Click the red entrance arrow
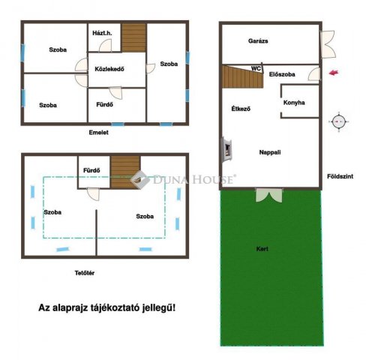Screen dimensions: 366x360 [334, 73]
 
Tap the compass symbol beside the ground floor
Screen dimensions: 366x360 [338, 121]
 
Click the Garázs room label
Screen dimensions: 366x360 [258, 41]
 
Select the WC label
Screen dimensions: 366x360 [256, 68]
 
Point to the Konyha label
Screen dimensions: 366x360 [294, 103]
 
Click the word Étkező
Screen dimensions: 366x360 [241, 109]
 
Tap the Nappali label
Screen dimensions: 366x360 [270, 152]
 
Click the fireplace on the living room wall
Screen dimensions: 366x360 [227, 149]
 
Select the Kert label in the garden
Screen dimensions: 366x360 [262, 249]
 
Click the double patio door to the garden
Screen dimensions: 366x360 [269, 195]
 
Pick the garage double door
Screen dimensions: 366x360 [328, 44]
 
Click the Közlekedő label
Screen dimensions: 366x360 [109, 69]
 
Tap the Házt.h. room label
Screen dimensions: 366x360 [102, 33]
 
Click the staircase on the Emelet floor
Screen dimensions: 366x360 [133, 37]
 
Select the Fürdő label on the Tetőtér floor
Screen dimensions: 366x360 [91, 170]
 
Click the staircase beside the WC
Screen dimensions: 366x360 [242, 76]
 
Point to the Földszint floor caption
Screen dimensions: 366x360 [340, 176]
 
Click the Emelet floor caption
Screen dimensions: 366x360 [99, 133]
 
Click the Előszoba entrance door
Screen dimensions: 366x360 [314, 74]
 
